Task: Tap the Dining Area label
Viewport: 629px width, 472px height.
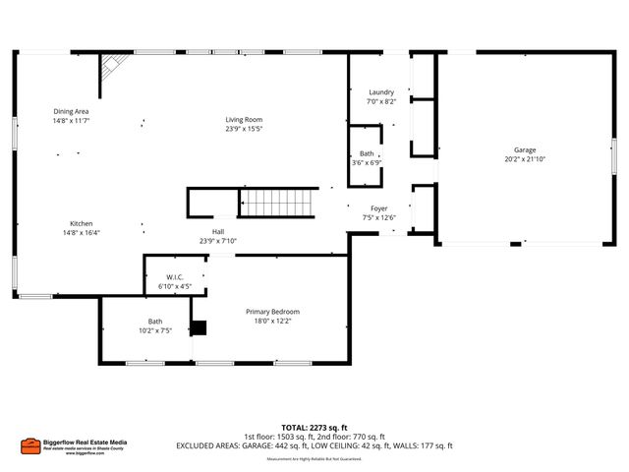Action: click(x=72, y=111)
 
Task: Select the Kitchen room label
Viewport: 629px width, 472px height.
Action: click(x=82, y=223)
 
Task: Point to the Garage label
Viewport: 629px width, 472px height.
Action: click(x=525, y=149)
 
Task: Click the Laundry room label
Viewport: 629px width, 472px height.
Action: click(x=380, y=91)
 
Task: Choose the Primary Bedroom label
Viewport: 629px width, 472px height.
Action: click(x=272, y=311)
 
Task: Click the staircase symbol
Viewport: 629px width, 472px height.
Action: click(x=274, y=204)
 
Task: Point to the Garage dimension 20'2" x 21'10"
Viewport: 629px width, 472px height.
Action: click(x=525, y=159)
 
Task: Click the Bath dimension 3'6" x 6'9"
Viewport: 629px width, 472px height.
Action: click(x=367, y=162)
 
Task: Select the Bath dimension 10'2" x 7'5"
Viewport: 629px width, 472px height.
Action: click(x=155, y=330)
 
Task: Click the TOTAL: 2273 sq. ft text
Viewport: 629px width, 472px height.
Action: click(x=314, y=428)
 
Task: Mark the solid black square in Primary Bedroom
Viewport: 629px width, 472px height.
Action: click(x=200, y=328)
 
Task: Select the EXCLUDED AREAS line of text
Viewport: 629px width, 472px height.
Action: click(x=314, y=445)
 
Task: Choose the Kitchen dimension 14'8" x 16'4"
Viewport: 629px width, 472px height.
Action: click(x=82, y=233)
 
